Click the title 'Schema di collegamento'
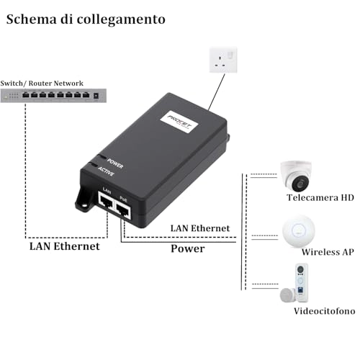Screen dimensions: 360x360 [86, 19]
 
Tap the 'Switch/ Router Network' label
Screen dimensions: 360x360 [41, 84]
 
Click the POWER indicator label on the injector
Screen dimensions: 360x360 [114, 165]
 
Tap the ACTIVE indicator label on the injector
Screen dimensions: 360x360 [113, 174]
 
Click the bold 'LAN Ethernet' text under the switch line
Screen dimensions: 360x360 [64, 246]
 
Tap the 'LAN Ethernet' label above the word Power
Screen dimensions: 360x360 [199, 228]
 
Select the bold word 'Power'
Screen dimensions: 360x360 [187, 248]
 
